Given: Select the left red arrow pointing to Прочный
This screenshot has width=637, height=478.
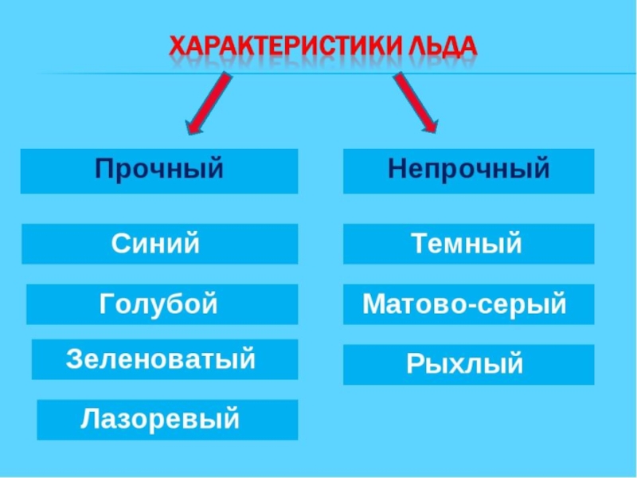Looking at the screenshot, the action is point(209,103).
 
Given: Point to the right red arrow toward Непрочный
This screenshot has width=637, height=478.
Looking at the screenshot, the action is point(415,103).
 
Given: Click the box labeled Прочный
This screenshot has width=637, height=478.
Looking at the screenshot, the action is point(159,170).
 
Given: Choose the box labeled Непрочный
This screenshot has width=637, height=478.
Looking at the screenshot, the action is point(468,170).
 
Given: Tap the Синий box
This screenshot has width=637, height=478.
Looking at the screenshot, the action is point(159,243).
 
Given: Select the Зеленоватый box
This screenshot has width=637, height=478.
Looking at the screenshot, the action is point(164,358).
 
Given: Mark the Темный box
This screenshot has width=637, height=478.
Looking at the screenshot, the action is point(468,243).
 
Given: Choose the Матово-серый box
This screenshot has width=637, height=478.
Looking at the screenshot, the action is point(468,304).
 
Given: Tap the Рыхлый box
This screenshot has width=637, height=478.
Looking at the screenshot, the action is point(468,364).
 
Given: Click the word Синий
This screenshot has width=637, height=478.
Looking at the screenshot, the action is point(155,243).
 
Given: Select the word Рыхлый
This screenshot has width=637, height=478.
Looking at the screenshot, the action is point(465,364).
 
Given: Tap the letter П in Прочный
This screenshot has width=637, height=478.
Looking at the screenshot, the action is point(104,169).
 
